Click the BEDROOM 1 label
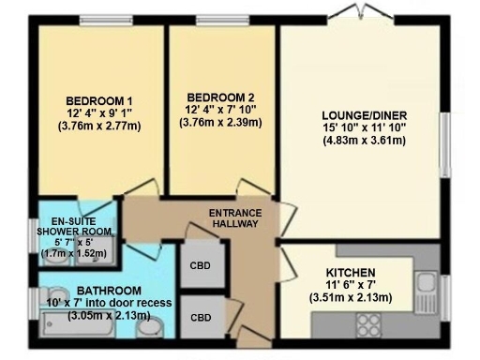pos(98,101)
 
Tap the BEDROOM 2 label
pos(219,97)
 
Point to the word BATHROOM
pos(110,291)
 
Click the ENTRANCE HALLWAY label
pos(235,218)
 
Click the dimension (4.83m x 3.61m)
pos(363,142)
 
